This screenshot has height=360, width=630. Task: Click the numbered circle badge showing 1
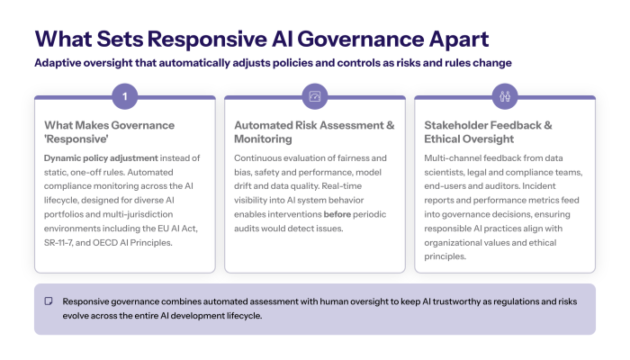click(125, 95)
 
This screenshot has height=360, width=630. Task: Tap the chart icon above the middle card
click(314, 95)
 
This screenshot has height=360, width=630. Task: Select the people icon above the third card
click(504, 95)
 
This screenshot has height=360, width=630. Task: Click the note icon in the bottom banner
click(49, 300)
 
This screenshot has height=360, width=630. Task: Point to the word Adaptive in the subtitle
click(61, 63)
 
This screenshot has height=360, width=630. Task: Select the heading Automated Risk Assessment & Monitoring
click(314, 132)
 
